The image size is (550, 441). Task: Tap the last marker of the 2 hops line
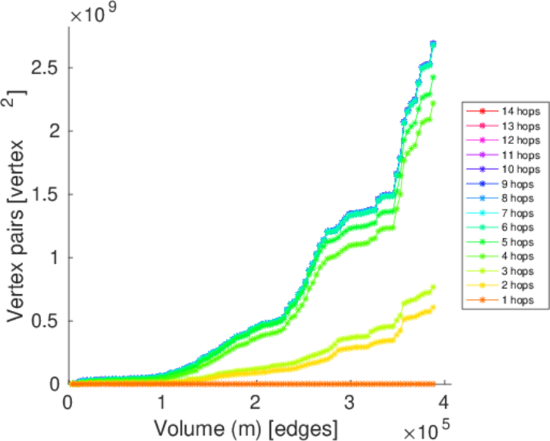click(433, 307)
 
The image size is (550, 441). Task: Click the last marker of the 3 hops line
click(433, 287)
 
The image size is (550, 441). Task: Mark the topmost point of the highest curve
click(433, 43)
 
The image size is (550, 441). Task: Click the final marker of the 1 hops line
click(433, 384)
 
